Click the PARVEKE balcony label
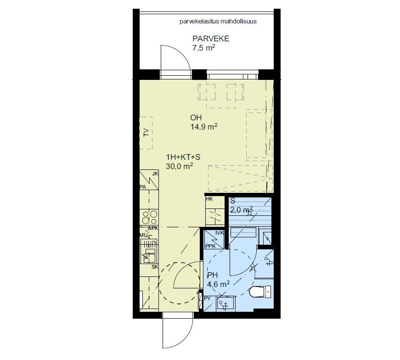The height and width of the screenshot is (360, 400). click(x=211, y=39)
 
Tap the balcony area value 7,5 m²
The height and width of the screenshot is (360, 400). click(x=204, y=48)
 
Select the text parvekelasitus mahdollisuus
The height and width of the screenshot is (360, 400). click(x=218, y=22)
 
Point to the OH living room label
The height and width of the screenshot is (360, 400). click(x=196, y=118)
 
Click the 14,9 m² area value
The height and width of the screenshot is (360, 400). click(x=204, y=127)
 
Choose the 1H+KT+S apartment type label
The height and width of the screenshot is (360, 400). click(x=183, y=157)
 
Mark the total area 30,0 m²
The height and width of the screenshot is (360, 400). click(x=180, y=166)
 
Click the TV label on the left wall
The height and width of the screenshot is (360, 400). click(x=146, y=133)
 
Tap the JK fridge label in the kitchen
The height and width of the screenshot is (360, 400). click(x=155, y=174)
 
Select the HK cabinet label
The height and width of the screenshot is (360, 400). click(x=209, y=199)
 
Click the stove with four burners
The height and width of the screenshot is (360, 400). click(x=150, y=217)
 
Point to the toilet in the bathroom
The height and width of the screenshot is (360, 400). click(x=260, y=292)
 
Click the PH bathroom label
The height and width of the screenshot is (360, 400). click(x=213, y=275)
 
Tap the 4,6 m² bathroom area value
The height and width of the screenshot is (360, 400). click(x=218, y=284)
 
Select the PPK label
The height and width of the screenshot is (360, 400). click(x=211, y=246)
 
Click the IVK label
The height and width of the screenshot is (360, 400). click(x=220, y=233)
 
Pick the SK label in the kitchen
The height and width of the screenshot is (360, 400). click(x=155, y=267)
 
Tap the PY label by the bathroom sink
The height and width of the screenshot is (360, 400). click(x=208, y=298)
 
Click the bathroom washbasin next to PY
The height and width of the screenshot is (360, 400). click(x=225, y=304)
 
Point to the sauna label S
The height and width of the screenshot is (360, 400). click(x=232, y=201)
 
